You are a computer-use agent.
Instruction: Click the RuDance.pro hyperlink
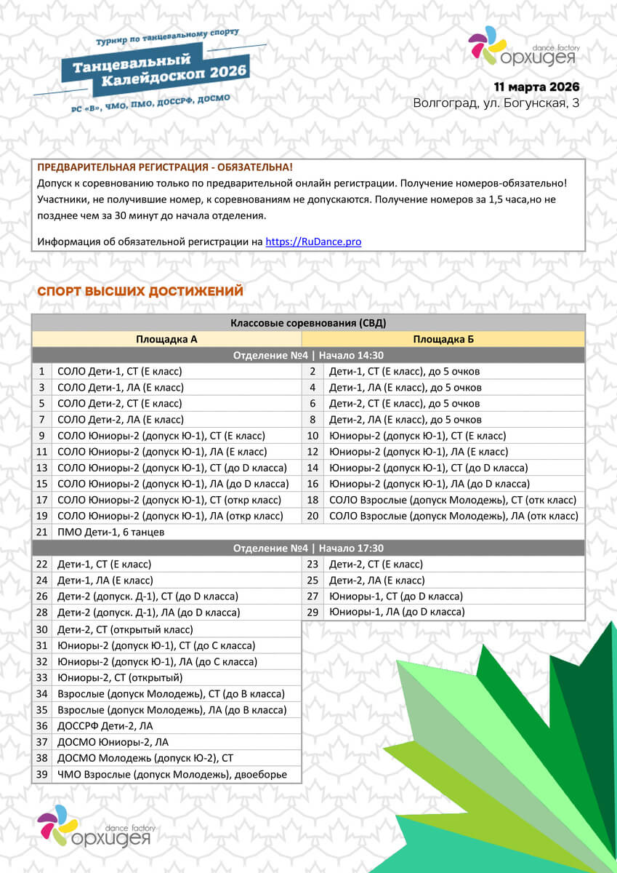pyautogui.click(x=313, y=242)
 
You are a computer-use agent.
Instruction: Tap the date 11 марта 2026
pyautogui.click(x=536, y=87)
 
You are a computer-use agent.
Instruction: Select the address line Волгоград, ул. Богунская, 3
pyautogui.click(x=496, y=103)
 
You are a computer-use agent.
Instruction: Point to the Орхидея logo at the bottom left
pyautogui.click(x=94, y=826)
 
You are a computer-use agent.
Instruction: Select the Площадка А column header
pyautogui.click(x=166, y=339)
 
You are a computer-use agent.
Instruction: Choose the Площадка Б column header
pyautogui.click(x=443, y=339)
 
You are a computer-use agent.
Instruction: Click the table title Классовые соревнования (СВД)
pyautogui.click(x=308, y=323)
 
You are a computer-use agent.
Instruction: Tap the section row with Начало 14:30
pyautogui.click(x=308, y=355)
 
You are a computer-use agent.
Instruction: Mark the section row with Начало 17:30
pyautogui.click(x=308, y=548)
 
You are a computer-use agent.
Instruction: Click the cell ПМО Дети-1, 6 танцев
pyautogui.click(x=110, y=532)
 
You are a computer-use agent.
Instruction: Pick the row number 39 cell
pyautogui.click(x=41, y=774)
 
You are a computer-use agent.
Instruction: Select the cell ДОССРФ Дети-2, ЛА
pyautogui.click(x=105, y=725)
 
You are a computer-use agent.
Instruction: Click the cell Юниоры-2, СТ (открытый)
pyautogui.click(x=120, y=677)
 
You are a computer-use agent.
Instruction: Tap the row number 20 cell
pyautogui.click(x=312, y=516)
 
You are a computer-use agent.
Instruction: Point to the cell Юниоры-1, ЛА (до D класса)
pyautogui.click(x=397, y=613)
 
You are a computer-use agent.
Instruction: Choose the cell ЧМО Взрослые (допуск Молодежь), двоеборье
pyautogui.click(x=172, y=774)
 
